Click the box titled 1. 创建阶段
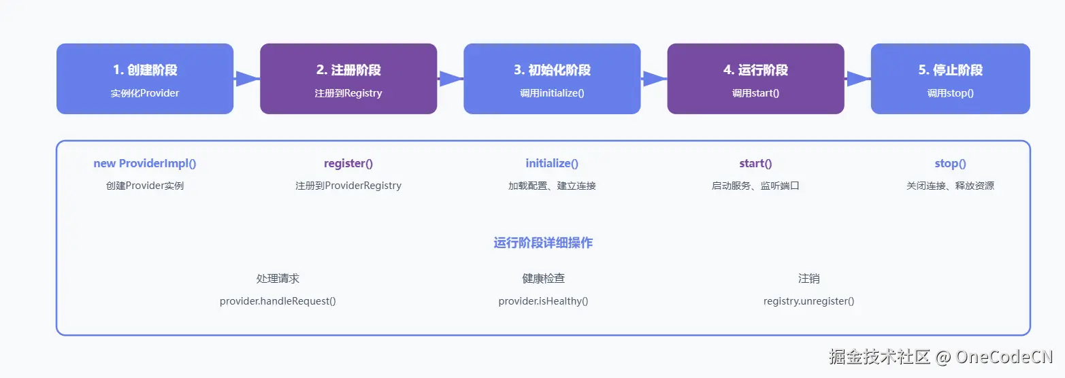[x=145, y=79]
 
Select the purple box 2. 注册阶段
[x=348, y=79]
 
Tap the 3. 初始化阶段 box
[x=552, y=79]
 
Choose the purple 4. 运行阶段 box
[x=755, y=79]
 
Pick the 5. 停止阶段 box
[x=950, y=79]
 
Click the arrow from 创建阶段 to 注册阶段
[x=247, y=79]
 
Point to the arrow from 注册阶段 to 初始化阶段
[x=450, y=79]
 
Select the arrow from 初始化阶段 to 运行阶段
[x=654, y=79]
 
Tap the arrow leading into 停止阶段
[x=857, y=79]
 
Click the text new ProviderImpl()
[x=145, y=163]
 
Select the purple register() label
[x=348, y=163]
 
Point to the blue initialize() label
[x=552, y=163]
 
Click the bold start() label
[x=755, y=163]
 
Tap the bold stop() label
[x=950, y=163]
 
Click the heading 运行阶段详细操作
[x=543, y=243]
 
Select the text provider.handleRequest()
[x=278, y=300]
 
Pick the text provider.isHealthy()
[x=543, y=300]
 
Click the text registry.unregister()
[x=808, y=300]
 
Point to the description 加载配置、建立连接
[x=552, y=186]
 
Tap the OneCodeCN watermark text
[x=1004, y=356]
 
